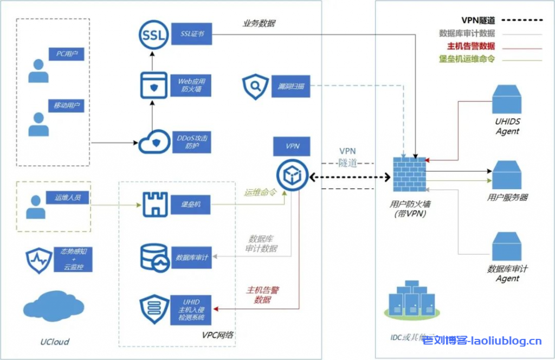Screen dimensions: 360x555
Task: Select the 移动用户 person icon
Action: point(38,124)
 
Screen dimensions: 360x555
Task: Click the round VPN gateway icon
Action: point(292,175)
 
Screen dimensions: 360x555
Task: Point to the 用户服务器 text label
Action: point(507,197)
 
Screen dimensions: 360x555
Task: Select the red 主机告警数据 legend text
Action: point(467,47)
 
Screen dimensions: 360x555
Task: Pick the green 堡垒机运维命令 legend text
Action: point(467,59)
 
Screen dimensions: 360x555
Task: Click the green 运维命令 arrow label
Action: point(260,192)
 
